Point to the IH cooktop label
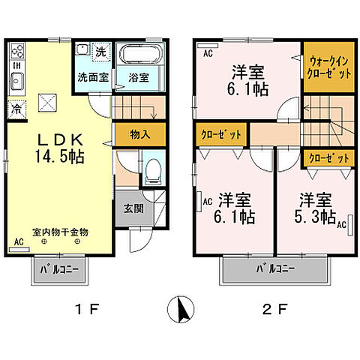pyautogui.click(x=15, y=64)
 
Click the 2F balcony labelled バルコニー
pyautogui.click(x=277, y=268)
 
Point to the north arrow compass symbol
pyautogui.click(x=181, y=308)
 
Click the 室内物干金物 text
pyautogui.click(x=60, y=232)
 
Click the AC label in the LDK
pyautogui.click(x=18, y=241)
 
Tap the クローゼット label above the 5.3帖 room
pyautogui.click(x=328, y=158)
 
